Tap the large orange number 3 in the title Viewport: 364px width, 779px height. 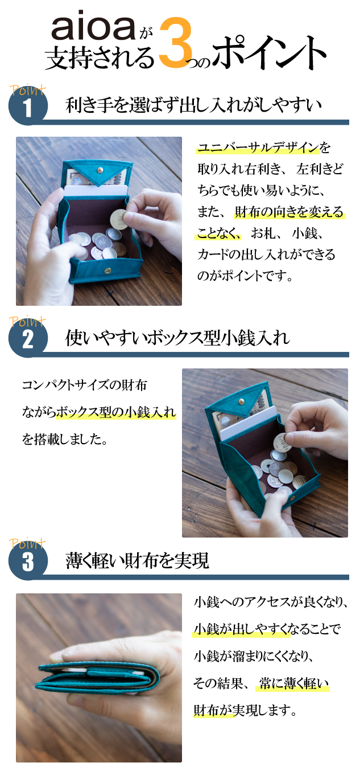(176, 43)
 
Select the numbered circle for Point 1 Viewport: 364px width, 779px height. (28, 106)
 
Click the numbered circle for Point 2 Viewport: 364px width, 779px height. (28, 339)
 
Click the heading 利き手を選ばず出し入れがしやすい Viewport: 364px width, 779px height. (193, 105)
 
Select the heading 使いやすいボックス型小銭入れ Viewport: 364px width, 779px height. (177, 338)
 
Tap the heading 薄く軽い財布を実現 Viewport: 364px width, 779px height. (137, 560)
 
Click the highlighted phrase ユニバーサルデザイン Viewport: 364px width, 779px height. (258, 148)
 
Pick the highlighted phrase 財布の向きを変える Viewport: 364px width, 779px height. (289, 212)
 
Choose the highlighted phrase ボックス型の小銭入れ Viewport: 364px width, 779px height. (116, 412)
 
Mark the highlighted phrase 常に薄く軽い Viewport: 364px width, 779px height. (293, 683)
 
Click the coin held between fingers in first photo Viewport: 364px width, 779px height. (118, 219)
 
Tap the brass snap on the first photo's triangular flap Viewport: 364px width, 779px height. (100, 170)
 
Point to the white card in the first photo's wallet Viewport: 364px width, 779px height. (96, 192)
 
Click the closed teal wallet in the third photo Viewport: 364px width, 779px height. (98, 676)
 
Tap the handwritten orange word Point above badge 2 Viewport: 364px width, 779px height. (27, 321)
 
